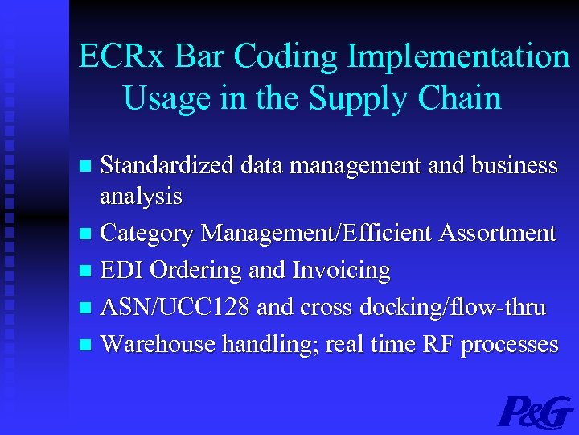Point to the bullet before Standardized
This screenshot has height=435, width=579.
coord(87,166)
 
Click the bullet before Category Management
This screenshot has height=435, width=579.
coord(87,234)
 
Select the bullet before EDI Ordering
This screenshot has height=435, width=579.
coord(87,271)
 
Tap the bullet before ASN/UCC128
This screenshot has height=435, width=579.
coord(87,309)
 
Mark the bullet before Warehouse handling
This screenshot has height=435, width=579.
coord(87,346)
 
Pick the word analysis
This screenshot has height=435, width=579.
coord(141,196)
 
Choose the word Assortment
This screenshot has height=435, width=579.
coord(497,233)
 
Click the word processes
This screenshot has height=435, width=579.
coord(509,345)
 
